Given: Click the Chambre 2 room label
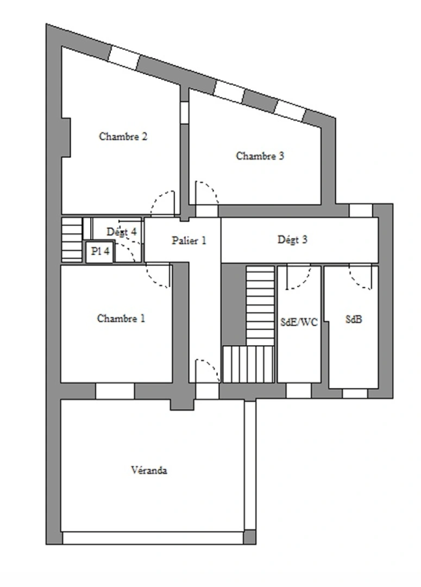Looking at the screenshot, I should tap(123, 136).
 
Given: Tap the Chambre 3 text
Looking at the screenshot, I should tap(260, 156).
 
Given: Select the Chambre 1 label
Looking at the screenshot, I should tap(121, 319).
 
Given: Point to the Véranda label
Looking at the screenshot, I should tap(149, 470).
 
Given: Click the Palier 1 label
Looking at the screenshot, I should tap(189, 240).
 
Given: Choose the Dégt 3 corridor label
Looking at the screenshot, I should tap(292, 240).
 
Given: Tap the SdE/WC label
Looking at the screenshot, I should tap(299, 321).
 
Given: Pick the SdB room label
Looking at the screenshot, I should tap(354, 320).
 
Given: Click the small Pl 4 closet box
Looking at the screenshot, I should tap(100, 252).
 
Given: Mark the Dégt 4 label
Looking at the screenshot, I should tap(121, 232).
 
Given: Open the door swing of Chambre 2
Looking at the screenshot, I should tap(163, 204).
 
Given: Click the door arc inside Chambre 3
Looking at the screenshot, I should tap(206, 193).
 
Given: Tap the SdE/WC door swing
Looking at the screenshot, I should tap(298, 277).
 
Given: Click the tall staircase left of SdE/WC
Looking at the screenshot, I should tap(260, 305).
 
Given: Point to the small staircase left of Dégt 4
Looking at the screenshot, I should tap(71, 240).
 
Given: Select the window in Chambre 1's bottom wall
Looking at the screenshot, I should tap(115, 391).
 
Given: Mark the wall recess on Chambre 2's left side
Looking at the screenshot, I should tap(66, 137).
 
